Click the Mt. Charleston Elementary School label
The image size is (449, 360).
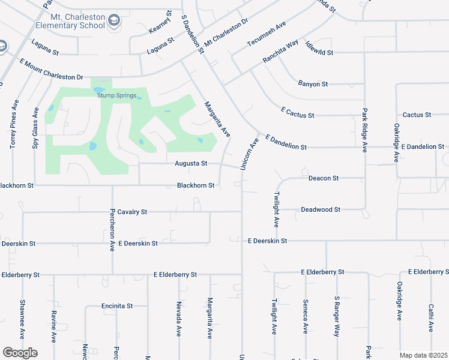coord(70,21)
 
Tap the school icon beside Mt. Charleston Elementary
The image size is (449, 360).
coord(113,22)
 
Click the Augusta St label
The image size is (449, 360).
coord(191,163)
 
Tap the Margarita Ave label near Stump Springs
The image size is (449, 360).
coord(216,118)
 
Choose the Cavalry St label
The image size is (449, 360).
coord(132,212)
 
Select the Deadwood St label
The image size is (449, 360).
coord(321,209)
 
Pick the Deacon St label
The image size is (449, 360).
coord(324,178)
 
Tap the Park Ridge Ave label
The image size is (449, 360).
coord(364,130)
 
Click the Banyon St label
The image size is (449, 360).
coord(313,84)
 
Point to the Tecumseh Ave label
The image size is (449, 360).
coord(267,37)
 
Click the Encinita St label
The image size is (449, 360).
coord(117,305)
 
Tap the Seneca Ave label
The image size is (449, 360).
coord(306,316)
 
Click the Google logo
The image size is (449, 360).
coord(20,353)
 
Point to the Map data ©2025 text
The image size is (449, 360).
coord(423,355)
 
